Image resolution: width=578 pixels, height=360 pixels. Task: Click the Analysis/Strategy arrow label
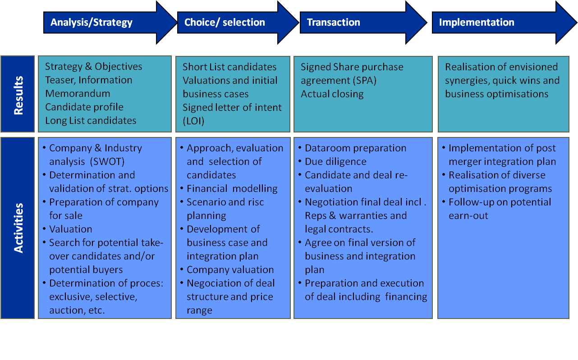92,23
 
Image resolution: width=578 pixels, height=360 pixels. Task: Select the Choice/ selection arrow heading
225,23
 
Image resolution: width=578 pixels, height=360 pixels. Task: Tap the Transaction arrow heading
333,23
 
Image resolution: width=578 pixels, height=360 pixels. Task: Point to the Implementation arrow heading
477,23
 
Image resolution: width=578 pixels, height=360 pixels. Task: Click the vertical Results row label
18,95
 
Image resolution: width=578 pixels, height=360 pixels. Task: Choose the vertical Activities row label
18,228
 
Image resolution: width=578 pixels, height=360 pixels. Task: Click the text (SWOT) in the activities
107,162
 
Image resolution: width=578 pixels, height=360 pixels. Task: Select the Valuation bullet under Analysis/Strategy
70,229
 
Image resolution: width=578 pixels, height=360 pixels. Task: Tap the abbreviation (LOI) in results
193,121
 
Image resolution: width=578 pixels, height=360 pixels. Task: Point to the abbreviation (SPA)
364,81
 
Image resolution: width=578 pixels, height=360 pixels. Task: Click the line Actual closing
332,94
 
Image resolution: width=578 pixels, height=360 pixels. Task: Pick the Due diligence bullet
335,162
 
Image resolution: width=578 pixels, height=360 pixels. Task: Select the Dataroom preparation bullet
356,148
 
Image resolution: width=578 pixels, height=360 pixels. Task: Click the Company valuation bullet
230,270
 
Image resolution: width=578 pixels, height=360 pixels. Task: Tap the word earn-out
468,215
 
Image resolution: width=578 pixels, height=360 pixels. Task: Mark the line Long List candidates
91,121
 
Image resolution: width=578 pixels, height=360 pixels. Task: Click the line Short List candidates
229,67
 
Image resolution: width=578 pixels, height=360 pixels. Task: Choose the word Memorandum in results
78,94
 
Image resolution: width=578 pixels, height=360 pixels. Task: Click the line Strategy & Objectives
93,67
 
